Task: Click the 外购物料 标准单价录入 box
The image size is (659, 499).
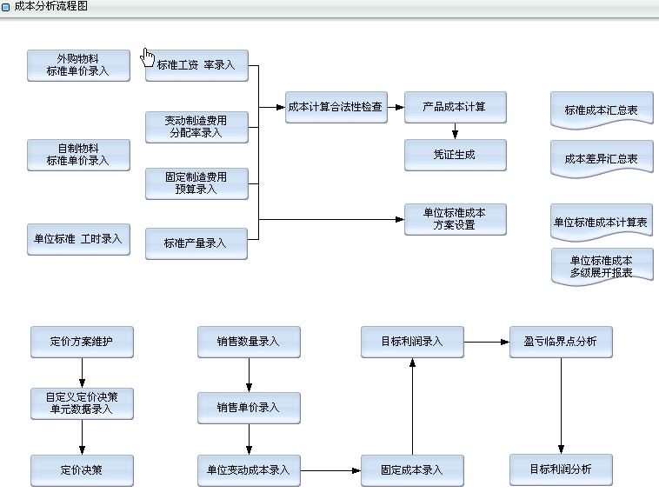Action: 78,65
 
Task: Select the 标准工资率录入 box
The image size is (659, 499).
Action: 196,65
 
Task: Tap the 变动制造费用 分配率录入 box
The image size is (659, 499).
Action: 196,127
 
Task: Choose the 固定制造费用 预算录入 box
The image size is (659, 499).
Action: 196,183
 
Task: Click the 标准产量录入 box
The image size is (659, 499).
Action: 196,243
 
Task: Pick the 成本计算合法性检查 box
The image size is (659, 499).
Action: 336,107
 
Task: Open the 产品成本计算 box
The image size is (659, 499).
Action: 455,107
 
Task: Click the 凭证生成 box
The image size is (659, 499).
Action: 455,154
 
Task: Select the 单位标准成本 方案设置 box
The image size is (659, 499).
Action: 455,219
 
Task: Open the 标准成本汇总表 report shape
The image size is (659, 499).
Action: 602,110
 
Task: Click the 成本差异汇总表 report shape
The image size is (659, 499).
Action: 602,159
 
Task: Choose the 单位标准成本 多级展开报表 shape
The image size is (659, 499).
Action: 602,266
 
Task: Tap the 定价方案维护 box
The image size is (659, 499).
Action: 82,342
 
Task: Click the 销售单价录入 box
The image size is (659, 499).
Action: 249,408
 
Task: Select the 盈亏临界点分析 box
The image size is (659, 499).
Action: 561,342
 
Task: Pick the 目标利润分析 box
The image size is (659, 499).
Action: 561,469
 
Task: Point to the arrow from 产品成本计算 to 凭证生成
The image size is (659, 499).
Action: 455,131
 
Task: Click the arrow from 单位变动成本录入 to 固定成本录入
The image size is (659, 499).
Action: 330,470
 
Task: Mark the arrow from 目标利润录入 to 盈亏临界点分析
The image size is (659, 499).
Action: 487,342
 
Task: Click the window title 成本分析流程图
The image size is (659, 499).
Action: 51,6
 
